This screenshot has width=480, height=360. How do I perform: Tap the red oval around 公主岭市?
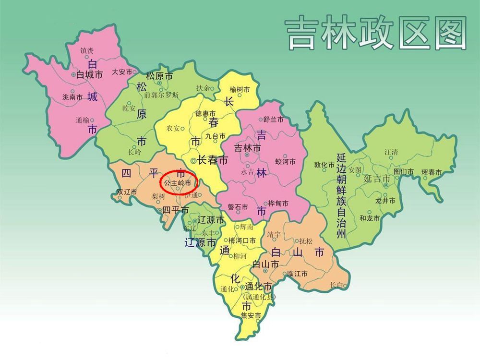pyautogui.click(x=178, y=183)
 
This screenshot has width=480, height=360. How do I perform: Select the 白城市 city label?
pyautogui.click(x=90, y=75)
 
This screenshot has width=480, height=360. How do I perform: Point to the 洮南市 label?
pyautogui.click(x=72, y=96)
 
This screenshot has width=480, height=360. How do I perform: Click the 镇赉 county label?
pyautogui.click(x=87, y=50)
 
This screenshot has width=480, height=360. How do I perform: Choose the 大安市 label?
pyautogui.click(x=122, y=72)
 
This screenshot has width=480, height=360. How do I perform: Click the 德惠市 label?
pyautogui.click(x=205, y=114)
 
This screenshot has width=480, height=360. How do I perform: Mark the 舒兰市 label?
pyautogui.click(x=274, y=120)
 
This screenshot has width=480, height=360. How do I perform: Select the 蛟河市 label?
pyautogui.click(x=285, y=162)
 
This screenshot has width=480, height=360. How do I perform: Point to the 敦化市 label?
pyautogui.click(x=324, y=165)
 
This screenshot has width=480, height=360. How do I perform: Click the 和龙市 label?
pyautogui.click(x=370, y=218)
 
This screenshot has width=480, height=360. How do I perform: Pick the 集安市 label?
pyautogui.click(x=251, y=316)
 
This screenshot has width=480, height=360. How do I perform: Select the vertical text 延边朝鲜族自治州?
pyautogui.click(x=341, y=196)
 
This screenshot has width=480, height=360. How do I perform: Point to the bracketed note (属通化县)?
pyautogui.click(x=259, y=297)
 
